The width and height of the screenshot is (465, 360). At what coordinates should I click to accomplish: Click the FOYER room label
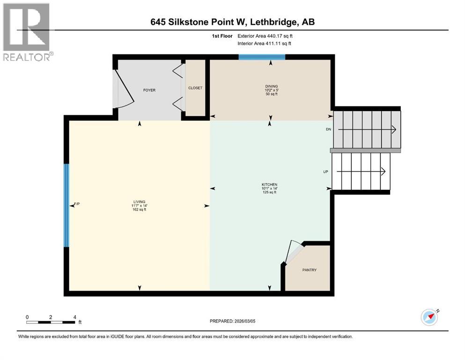click(x=149, y=90)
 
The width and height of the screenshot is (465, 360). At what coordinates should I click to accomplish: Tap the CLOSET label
click(x=195, y=88)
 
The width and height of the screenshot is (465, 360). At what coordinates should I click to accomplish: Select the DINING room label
click(x=271, y=86)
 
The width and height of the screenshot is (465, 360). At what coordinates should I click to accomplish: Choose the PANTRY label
click(x=309, y=270)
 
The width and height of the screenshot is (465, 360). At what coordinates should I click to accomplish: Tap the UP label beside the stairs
click(x=325, y=172)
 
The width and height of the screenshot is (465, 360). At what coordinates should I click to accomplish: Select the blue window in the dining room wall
click(x=262, y=57)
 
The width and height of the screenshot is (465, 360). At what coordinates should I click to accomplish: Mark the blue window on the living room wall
click(x=66, y=205)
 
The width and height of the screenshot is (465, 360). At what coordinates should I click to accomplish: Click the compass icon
click(x=429, y=317)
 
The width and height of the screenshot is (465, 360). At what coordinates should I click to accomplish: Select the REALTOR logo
click(x=27, y=32)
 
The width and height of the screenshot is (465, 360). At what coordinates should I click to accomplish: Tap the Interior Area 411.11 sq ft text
click(x=265, y=44)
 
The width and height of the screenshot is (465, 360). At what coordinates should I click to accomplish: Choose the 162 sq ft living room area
click(x=139, y=210)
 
